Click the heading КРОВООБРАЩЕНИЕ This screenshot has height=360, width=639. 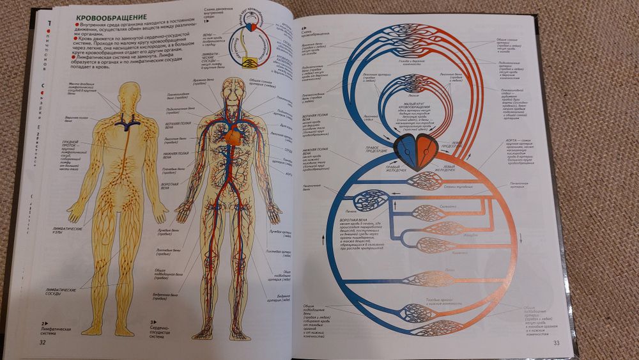[x=111, y=15]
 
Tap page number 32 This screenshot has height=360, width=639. [x=43, y=341]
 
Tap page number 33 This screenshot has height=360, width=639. [x=556, y=344]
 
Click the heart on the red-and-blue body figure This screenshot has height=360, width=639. [x=234, y=134]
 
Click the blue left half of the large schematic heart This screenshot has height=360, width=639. [x=406, y=150]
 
